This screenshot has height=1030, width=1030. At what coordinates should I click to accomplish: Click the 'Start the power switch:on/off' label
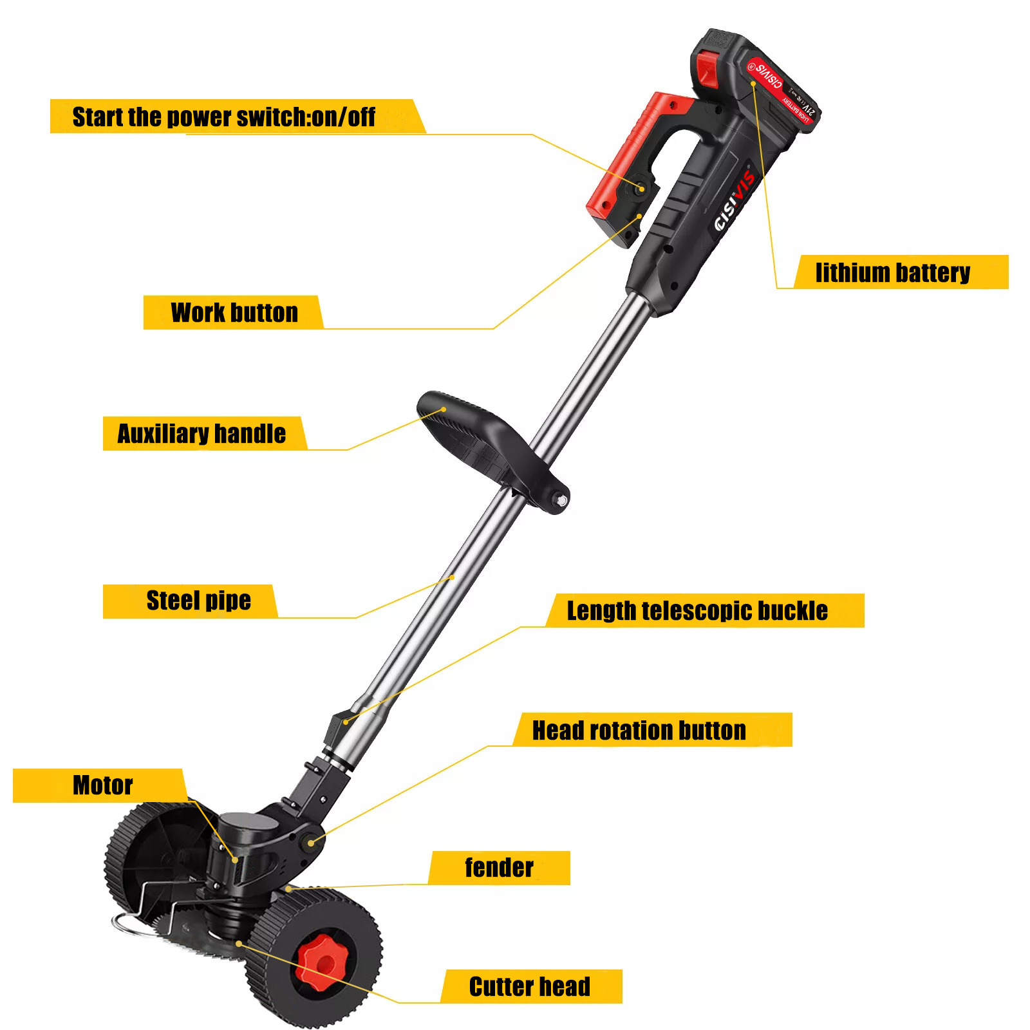[224, 117]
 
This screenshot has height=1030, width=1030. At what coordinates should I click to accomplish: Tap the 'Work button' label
[234, 313]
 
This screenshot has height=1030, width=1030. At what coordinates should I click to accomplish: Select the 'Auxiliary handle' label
[201, 434]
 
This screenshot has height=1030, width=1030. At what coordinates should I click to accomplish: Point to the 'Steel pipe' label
[198, 601]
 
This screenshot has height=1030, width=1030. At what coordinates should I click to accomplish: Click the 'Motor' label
[102, 785]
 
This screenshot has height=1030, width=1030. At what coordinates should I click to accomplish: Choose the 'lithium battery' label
[892, 272]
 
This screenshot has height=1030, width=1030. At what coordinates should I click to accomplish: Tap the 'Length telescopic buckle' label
[697, 610]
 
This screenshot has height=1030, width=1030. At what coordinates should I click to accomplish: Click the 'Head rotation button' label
[639, 731]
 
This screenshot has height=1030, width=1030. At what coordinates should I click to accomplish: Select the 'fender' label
[499, 868]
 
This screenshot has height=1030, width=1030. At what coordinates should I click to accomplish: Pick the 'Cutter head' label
[529, 986]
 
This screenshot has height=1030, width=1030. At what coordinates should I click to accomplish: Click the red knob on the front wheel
[325, 962]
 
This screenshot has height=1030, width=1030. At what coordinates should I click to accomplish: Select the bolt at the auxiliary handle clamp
[561, 500]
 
